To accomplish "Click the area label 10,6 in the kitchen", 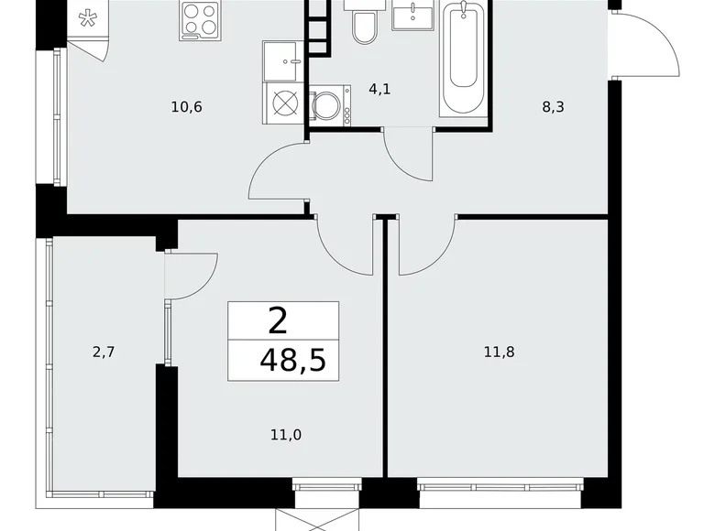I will click(x=186, y=107).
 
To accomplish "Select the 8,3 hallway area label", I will click(x=554, y=107).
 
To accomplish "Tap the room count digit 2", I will click(x=276, y=320).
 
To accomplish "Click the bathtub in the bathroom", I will click(x=465, y=57).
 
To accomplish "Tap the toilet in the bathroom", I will click(x=364, y=26).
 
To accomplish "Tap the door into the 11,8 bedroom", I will click(x=426, y=245).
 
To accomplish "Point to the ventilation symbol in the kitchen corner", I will click(x=87, y=20).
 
